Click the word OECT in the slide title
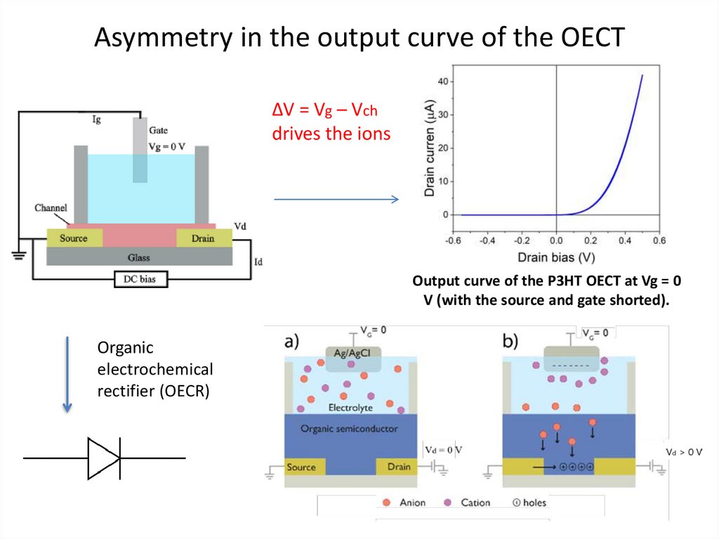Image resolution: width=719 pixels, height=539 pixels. click(x=587, y=38)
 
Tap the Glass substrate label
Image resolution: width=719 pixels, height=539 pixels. click(x=138, y=257)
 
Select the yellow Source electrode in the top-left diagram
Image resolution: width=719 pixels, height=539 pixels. click(x=74, y=238)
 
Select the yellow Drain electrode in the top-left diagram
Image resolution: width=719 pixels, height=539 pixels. click(x=203, y=238)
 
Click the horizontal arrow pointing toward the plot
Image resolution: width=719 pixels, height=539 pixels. click(x=336, y=200)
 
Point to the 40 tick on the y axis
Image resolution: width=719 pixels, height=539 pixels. click(x=442, y=82)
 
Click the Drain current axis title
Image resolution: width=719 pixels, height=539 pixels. click(x=430, y=147)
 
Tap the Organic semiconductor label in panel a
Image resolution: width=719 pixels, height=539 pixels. click(x=349, y=429)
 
